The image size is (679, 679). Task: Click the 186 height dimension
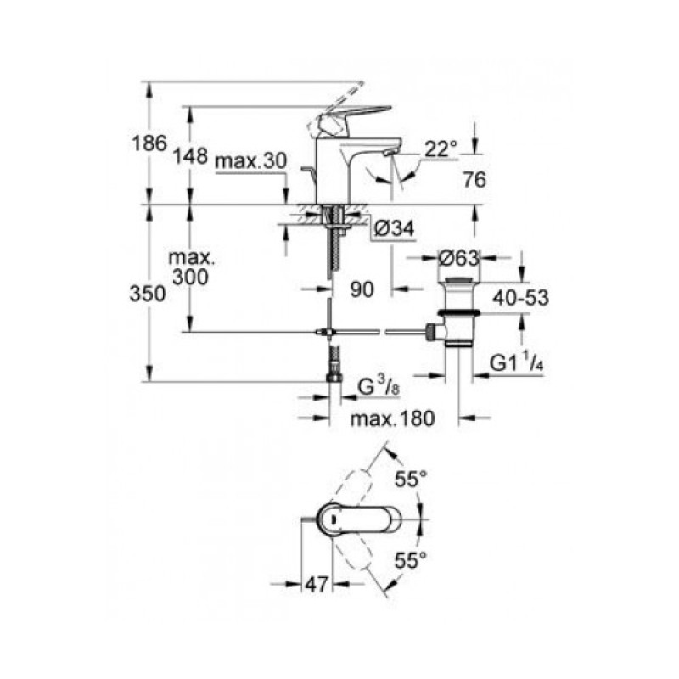click(x=149, y=143)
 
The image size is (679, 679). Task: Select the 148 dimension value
click(x=190, y=155)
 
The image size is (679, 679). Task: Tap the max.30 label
click(x=250, y=161)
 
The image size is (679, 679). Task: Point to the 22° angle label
click(x=441, y=149)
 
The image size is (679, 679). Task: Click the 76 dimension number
click(x=474, y=179)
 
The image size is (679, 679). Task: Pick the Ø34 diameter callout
click(x=394, y=228)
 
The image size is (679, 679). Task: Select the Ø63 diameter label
click(x=458, y=259)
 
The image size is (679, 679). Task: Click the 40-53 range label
click(x=520, y=298)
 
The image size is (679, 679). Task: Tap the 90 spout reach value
click(x=362, y=289)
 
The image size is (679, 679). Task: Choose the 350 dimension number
click(x=148, y=294)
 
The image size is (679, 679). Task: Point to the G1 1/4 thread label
click(x=516, y=362)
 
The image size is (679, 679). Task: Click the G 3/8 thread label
click(x=379, y=386)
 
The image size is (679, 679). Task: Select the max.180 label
click(x=392, y=418)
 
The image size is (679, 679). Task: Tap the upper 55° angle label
click(x=411, y=480)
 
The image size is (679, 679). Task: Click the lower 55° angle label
click(x=411, y=560)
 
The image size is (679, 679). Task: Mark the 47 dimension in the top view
click(x=317, y=585)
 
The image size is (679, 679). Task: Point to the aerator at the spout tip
click(x=390, y=153)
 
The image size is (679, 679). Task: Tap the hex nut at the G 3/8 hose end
click(x=334, y=378)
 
